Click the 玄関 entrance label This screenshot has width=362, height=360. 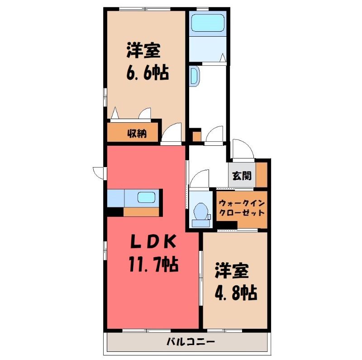242,176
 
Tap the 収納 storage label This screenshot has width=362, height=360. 137,133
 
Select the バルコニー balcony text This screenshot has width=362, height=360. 191,341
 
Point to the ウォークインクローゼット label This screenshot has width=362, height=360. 242,208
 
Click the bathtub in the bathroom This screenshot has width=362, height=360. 208,23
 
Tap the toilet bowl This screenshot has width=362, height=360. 200,211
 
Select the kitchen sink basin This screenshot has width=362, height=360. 146,198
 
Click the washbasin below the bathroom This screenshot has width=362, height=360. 194,76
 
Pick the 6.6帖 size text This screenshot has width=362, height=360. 148,72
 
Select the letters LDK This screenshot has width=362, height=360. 153,241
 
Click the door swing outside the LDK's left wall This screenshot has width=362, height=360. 99,173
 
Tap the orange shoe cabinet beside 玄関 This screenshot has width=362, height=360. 262,175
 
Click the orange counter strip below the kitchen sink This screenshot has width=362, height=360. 141,211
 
